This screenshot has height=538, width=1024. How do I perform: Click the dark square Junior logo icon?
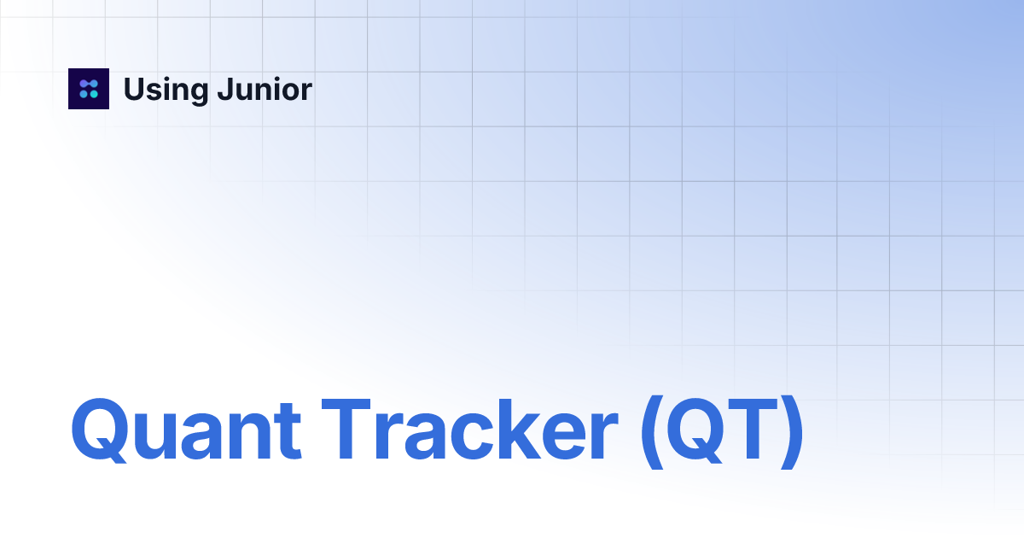pos(89,89)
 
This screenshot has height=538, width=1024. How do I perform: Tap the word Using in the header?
pos(163,90)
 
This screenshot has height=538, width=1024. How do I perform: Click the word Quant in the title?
pos(186,431)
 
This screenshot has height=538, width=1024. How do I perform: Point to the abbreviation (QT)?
pos(721,432)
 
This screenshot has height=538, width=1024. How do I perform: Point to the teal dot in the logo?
pos(94,94)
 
